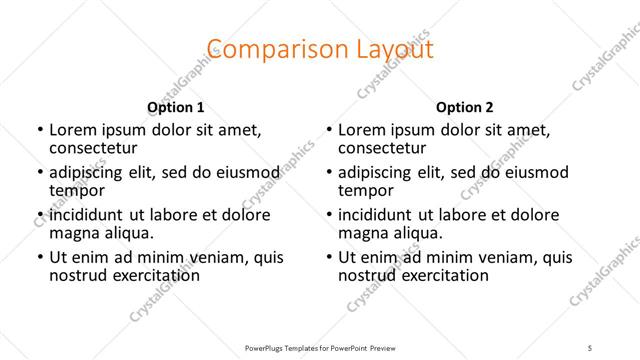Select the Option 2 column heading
[464, 107]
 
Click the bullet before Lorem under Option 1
[39, 131]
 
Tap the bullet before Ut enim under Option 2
[328, 257]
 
